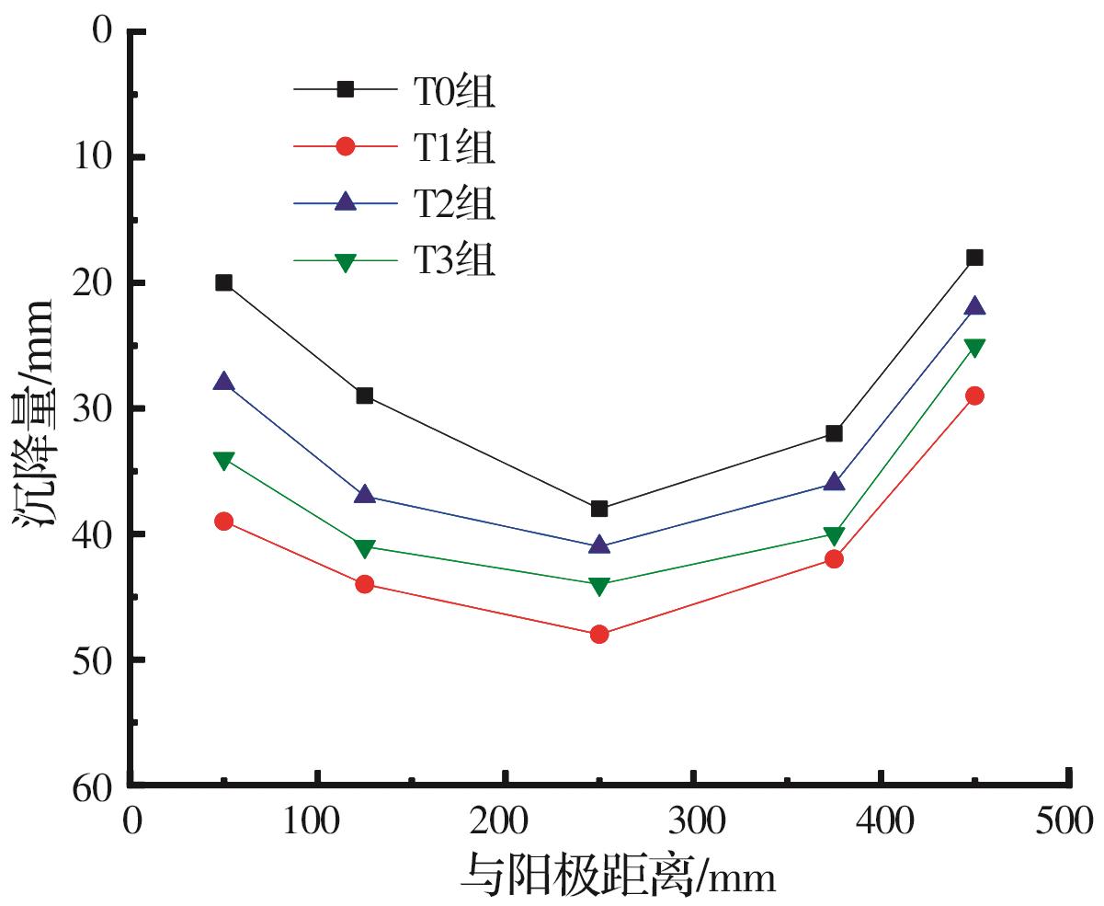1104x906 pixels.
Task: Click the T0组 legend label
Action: point(453,89)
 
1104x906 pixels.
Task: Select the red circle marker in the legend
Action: point(346,145)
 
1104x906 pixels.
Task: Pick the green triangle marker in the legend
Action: point(346,261)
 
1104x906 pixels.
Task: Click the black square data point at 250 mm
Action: point(599,509)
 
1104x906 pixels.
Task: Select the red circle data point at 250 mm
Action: point(599,634)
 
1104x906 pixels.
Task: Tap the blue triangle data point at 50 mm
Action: point(223,382)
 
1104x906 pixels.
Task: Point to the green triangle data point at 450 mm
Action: point(974,347)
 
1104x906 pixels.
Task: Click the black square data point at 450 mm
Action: point(974,258)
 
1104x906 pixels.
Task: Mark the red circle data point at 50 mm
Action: point(223,522)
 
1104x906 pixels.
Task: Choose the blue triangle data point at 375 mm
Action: point(834,482)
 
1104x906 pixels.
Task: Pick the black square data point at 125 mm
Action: point(364,396)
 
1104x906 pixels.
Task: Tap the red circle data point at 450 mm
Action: point(974,396)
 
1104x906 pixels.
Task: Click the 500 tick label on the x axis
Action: point(1067,818)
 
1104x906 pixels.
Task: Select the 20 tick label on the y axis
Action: point(92,282)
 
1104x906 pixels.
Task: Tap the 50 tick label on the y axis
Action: point(92,659)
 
